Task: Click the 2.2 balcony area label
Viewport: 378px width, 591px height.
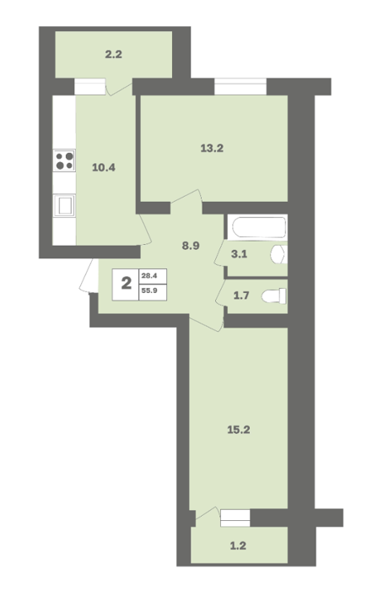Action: [113, 55]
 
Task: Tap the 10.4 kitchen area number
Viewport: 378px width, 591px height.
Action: [104, 168]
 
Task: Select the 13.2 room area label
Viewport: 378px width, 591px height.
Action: [212, 148]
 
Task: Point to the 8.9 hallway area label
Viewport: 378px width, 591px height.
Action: [191, 247]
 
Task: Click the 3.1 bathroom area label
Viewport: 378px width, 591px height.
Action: [239, 254]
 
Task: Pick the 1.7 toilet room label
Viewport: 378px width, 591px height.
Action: [241, 295]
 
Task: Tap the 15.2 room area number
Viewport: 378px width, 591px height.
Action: [239, 430]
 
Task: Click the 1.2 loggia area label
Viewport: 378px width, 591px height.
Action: [238, 545]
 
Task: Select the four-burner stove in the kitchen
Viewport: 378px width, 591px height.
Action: [64, 160]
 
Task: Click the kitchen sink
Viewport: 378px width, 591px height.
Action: [64, 206]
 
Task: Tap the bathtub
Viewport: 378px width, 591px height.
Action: [259, 227]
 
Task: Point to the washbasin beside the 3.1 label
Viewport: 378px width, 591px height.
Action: [279, 254]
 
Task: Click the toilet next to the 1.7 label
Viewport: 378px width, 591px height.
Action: [274, 295]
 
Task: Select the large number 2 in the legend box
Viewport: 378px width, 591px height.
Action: [127, 283]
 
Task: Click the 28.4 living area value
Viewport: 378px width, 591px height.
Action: [148, 275]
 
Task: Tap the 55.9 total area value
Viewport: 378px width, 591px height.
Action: [149, 290]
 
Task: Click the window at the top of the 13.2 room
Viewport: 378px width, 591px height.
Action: [240, 87]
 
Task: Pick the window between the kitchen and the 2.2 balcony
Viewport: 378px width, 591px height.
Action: [89, 86]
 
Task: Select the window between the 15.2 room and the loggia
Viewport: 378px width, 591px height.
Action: [235, 518]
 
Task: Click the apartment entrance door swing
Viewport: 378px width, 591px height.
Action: [87, 276]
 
